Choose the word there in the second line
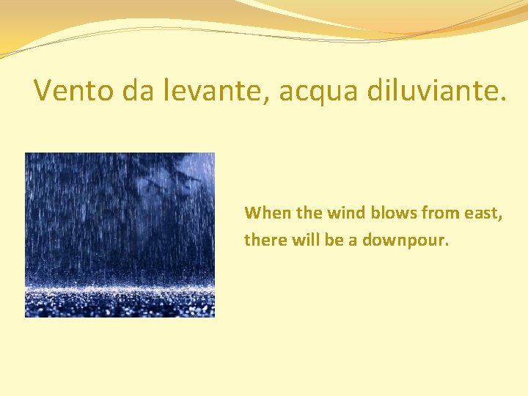tap(263, 240)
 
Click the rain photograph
tap(120, 235)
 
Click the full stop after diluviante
tap(502, 98)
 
